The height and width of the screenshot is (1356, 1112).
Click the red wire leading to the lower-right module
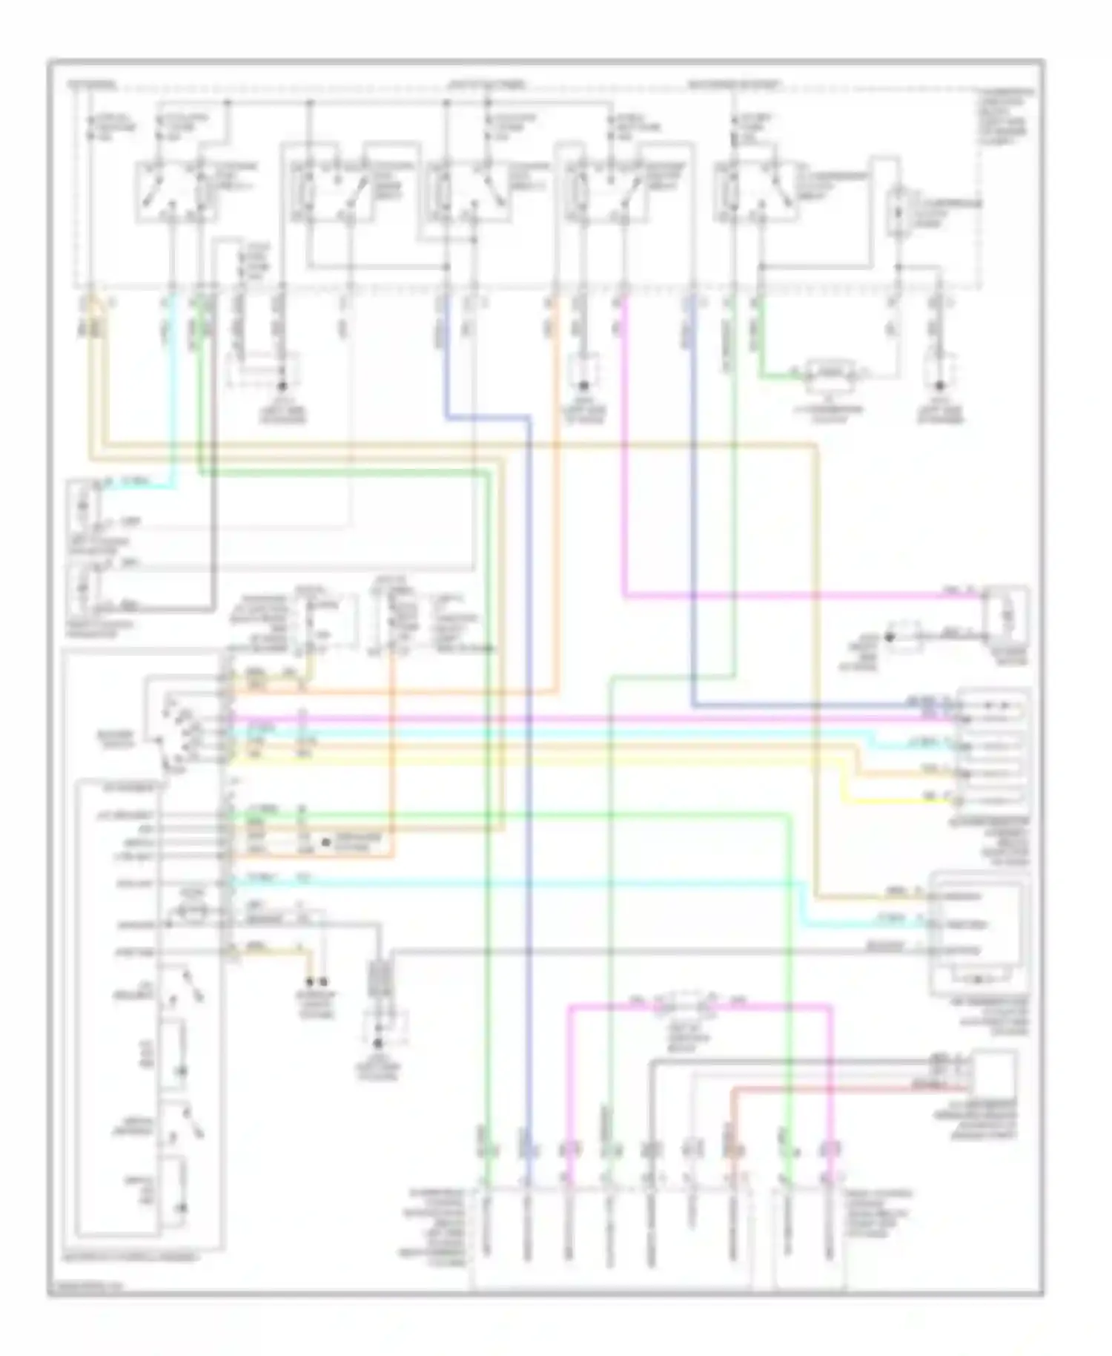815,1088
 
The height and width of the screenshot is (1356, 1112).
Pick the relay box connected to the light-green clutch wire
754,190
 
